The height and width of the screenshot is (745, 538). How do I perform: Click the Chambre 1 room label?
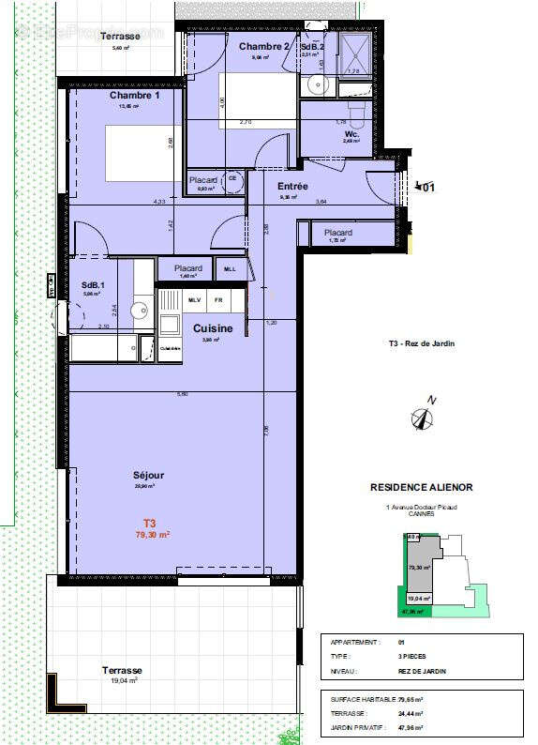click(134, 96)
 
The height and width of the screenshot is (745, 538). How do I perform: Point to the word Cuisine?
click(214, 328)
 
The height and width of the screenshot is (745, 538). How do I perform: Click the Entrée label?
click(292, 187)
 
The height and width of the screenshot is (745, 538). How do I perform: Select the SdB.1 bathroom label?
click(92, 285)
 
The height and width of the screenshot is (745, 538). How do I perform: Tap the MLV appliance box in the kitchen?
click(194, 300)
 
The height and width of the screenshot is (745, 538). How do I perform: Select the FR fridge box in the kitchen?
click(218, 300)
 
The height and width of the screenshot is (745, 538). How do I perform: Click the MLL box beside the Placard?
click(231, 269)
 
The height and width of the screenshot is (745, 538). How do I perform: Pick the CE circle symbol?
click(232, 179)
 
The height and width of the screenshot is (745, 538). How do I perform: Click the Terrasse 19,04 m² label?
click(123, 676)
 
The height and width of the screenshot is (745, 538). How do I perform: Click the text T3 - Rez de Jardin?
click(421, 344)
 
